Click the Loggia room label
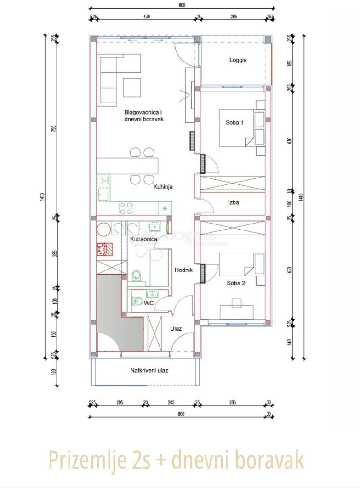(x=238, y=60)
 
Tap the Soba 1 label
(x=234, y=122)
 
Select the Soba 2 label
(x=236, y=283)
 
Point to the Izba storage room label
(x=233, y=202)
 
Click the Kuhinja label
(x=163, y=187)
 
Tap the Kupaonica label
(x=143, y=239)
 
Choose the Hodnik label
(x=183, y=270)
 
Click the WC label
(x=149, y=304)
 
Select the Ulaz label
(x=176, y=328)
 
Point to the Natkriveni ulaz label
(x=149, y=370)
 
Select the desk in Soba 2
(x=236, y=312)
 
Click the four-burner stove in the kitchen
(x=126, y=208)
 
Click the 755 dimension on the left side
(x=54, y=128)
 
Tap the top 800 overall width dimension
(x=181, y=5)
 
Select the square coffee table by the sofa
(x=131, y=87)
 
